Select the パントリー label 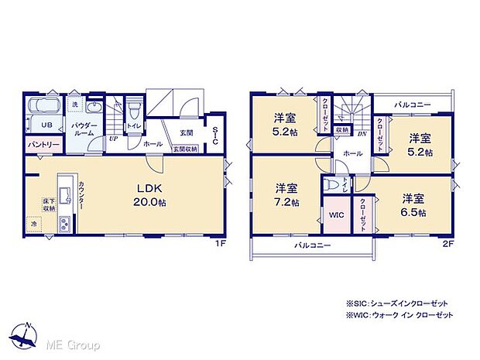pyautogui.click(x=43, y=145)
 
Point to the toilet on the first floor pyautogui.click(x=134, y=108)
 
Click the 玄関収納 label pyautogui.click(x=184, y=149)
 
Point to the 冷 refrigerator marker pyautogui.click(x=34, y=225)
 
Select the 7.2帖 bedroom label pyautogui.click(x=285, y=193)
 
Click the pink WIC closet pyautogui.click(x=337, y=213)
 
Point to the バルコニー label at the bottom pyautogui.click(x=313, y=245)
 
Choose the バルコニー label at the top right pyautogui.click(x=411, y=102)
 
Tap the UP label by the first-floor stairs pyautogui.click(x=113, y=139)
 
